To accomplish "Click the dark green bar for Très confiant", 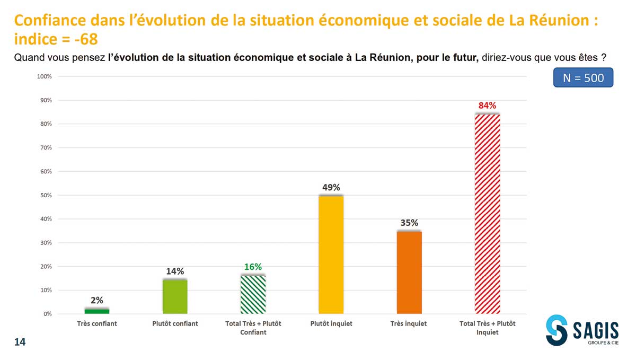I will click(97, 311).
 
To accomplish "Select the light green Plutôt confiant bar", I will click(175, 296).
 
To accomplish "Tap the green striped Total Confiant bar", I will click(253, 294).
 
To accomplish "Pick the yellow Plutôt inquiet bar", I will click(331, 254).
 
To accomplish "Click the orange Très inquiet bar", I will click(409, 272).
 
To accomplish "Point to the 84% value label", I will click(487, 106).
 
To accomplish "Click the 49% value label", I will click(331, 187).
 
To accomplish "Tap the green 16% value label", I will click(253, 267).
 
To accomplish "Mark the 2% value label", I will click(97, 300).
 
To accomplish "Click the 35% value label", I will click(409, 223).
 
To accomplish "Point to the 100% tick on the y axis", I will click(45, 76).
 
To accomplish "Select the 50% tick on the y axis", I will click(46, 195).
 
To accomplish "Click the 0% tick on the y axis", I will click(47, 314).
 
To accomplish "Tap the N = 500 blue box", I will click(583, 78).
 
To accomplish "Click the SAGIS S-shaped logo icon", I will click(557, 329).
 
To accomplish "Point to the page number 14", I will click(20, 343).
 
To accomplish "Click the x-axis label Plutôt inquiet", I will click(331, 323).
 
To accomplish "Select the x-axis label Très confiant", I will click(97, 323).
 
